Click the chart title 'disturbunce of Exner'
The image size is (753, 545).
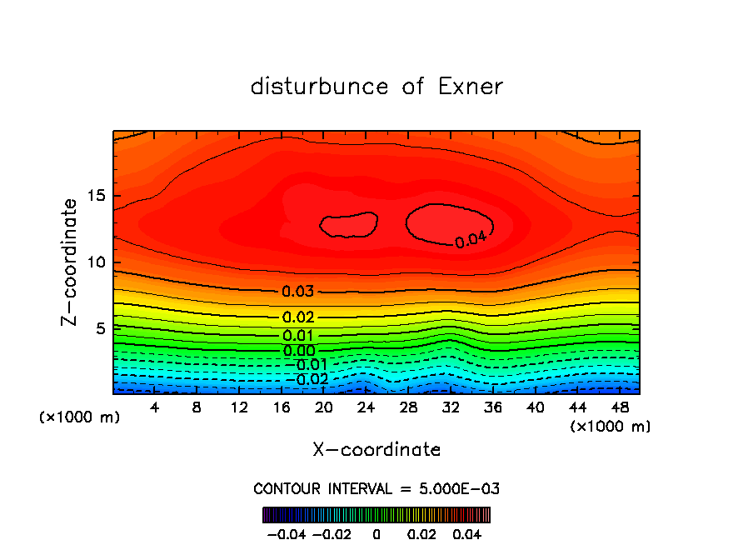(376, 87)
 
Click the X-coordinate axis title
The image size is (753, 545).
(376, 450)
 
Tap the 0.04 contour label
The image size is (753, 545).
(471, 240)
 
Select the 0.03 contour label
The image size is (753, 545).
(297, 292)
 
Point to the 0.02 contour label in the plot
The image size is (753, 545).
(297, 317)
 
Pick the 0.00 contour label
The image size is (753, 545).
(299, 351)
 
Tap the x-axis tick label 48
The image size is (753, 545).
(620, 408)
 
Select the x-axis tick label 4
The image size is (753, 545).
(155, 408)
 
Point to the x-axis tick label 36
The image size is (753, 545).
(493, 408)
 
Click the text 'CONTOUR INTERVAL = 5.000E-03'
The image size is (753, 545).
(376, 488)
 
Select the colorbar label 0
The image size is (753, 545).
(376, 533)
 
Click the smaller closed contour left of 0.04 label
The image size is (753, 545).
(349, 224)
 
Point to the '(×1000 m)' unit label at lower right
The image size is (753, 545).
(610, 427)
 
